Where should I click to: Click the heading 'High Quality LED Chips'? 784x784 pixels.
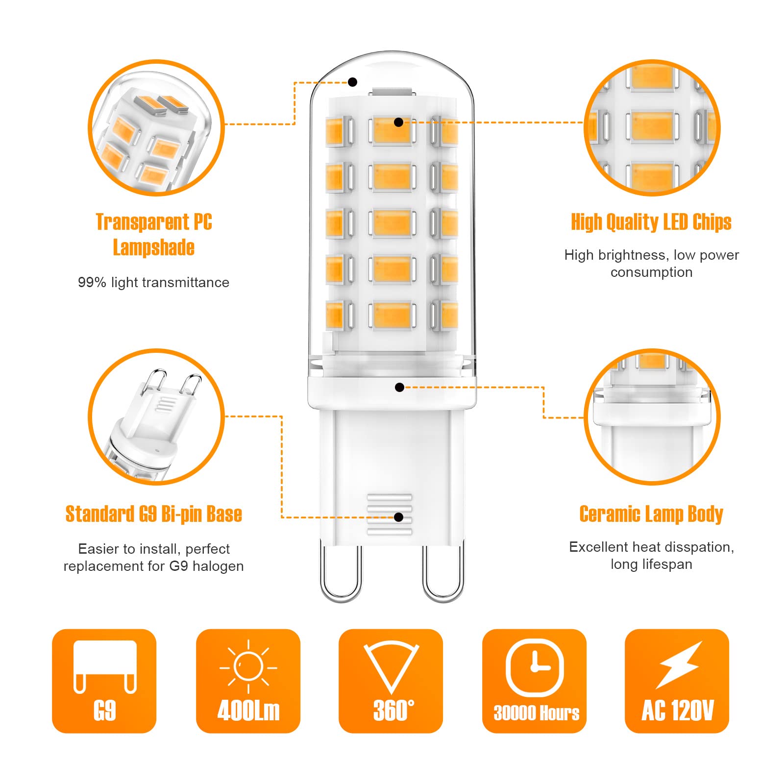tap(651, 222)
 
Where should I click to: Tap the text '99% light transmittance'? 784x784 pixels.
tap(153, 283)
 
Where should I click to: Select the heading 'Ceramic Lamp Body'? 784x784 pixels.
tap(651, 514)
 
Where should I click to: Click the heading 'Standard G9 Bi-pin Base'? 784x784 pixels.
tap(153, 514)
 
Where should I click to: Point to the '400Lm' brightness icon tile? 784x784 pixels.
tap(248, 681)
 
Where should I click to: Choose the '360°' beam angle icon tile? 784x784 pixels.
tap(391, 681)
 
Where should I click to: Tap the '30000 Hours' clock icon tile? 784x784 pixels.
tap(534, 681)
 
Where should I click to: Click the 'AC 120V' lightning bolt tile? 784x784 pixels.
tap(677, 681)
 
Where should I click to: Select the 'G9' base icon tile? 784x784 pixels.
tap(104, 681)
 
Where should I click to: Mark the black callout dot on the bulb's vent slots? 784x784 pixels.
tap(399, 517)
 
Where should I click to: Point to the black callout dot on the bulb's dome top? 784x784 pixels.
tap(353, 82)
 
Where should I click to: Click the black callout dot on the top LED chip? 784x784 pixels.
tap(399, 122)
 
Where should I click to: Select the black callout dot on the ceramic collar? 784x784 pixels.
tap(399, 388)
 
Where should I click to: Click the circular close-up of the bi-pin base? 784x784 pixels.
tap(156, 417)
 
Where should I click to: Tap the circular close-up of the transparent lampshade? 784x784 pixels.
tap(156, 128)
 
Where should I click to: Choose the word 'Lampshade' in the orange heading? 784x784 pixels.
tap(153, 247)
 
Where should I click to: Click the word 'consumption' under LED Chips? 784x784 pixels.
tap(651, 272)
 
